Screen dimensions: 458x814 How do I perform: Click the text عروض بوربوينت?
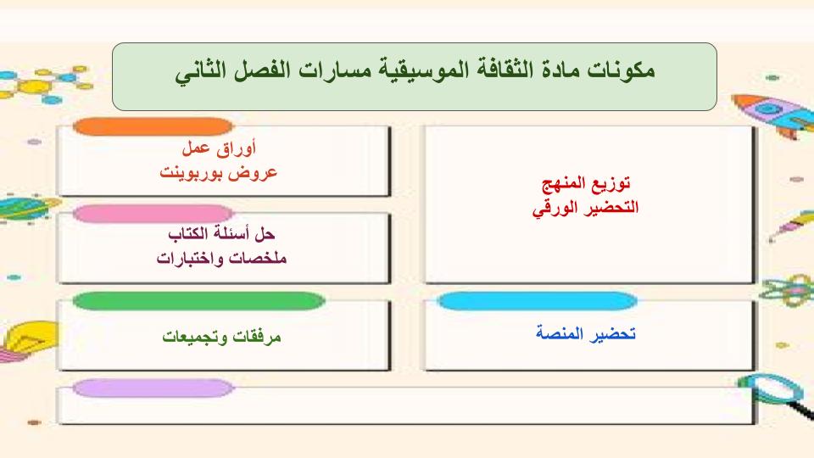point(220,172)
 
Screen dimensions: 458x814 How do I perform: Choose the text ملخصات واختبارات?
point(221,257)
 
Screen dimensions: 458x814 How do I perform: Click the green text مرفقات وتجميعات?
point(221,336)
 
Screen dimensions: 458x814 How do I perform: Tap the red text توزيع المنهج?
point(585,184)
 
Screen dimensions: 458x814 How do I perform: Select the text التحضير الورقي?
point(585,206)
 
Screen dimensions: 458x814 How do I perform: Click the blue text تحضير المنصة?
point(586,332)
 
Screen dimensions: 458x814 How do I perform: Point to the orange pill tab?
point(153,127)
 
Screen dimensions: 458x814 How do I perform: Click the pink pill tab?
point(153,214)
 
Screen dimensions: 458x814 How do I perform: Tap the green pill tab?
point(198,301)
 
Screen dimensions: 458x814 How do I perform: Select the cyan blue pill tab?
point(538,301)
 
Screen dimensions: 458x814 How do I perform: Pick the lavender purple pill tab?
point(153,388)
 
